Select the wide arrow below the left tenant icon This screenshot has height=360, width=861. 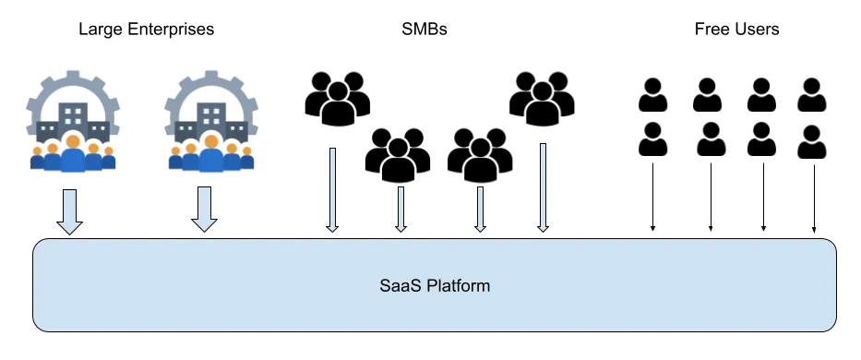pyautogui.click(x=69, y=210)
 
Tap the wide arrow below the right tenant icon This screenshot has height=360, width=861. pyautogui.click(x=204, y=208)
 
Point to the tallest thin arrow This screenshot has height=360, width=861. pyautogui.click(x=543, y=185)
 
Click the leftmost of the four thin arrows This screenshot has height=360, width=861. pyautogui.click(x=333, y=189)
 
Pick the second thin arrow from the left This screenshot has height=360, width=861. pyautogui.click(x=401, y=207)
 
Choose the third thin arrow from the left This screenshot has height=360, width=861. pyautogui.click(x=479, y=207)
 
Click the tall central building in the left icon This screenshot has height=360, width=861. pyautogui.click(x=75, y=116)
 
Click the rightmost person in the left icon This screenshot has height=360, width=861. pyautogui.click(x=105, y=157)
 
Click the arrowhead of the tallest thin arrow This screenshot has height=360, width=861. pyautogui.click(x=543, y=227)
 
